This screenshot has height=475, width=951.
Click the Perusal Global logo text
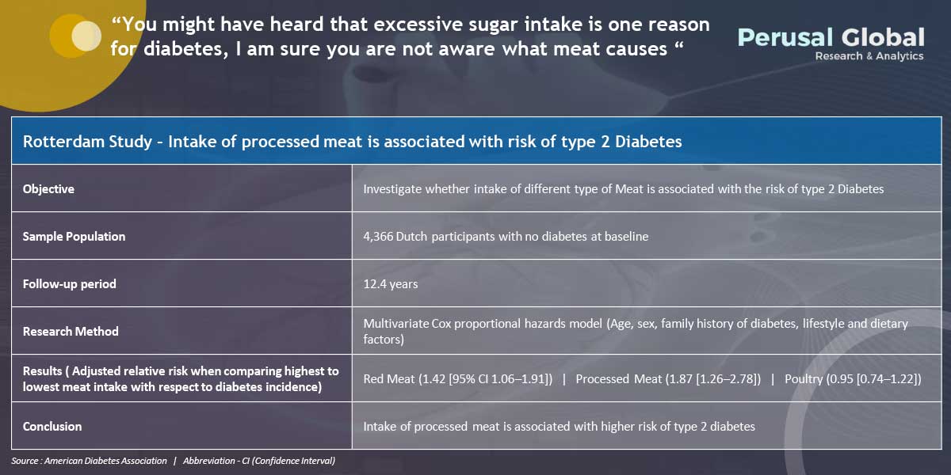pos(831,37)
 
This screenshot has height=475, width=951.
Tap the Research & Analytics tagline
pos(869,56)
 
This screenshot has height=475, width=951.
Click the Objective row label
pos(48,188)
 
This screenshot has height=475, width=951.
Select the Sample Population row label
pos(74,236)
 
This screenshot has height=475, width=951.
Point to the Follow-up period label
pos(69,283)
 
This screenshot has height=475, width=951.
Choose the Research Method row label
pos(71,331)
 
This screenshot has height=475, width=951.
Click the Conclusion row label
pos(52,426)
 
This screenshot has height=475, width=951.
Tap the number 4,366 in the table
pos(378,236)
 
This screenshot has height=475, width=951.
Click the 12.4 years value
pos(391,283)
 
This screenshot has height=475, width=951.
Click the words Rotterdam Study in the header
pos(87,141)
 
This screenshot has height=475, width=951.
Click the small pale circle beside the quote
pos(86,36)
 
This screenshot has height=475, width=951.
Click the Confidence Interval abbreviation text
pos(293,461)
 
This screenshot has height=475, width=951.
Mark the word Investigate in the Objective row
pos(393,189)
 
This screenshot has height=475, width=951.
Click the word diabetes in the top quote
pos(183,49)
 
